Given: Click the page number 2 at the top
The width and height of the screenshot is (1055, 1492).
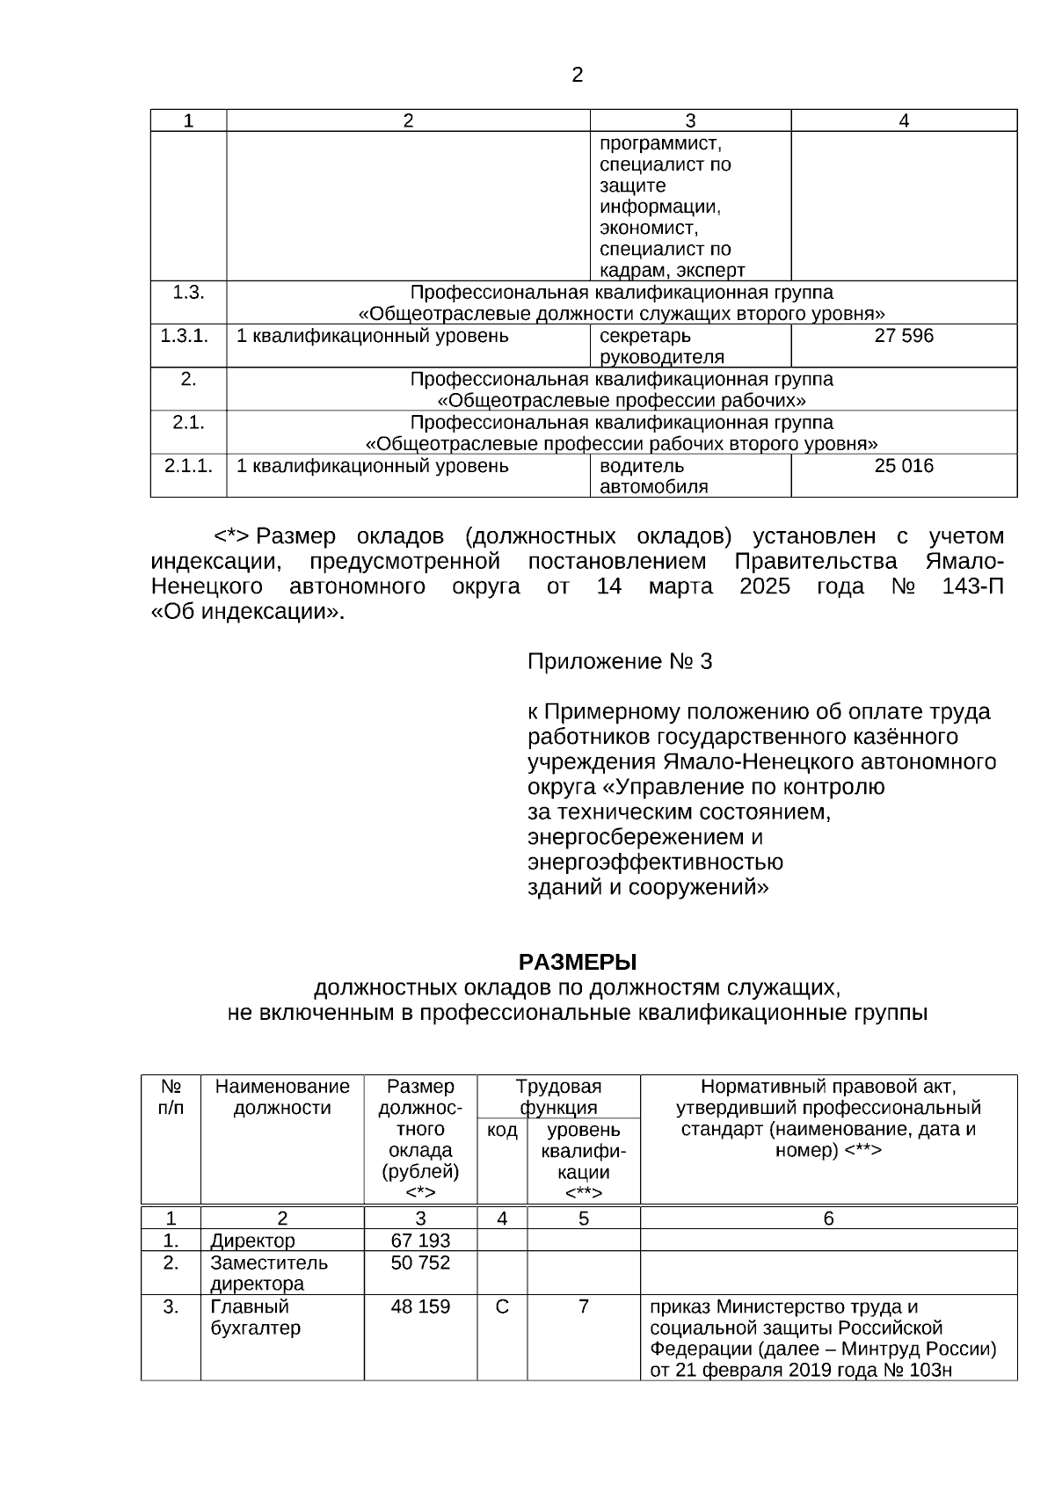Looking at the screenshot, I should point(577,76).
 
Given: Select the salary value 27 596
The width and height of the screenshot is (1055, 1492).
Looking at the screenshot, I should point(904,336).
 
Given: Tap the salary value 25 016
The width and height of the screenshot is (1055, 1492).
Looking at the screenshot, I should point(904,466).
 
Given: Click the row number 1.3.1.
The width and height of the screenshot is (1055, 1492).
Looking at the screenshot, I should point(185,336).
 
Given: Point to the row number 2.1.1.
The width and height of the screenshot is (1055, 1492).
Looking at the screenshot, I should point(188,466).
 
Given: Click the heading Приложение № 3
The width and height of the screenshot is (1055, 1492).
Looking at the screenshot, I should point(620,661).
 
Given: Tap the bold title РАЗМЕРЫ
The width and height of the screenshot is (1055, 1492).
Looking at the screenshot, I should point(577,962).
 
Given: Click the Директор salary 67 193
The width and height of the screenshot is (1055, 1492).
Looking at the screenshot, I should point(420,1241).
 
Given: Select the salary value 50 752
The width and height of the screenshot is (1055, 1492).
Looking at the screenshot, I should point(420,1263).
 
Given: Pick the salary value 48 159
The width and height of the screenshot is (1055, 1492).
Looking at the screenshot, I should point(420,1306).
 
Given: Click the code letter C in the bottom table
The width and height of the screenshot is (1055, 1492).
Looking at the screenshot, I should point(502,1306).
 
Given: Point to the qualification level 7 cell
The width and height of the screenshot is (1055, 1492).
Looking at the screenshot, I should point(583,1306).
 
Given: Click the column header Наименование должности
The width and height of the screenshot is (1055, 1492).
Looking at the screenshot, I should point(282,1097).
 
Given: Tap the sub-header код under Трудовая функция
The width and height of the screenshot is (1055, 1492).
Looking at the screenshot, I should point(502,1130).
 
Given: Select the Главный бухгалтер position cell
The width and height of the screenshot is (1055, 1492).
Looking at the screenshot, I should point(255,1317).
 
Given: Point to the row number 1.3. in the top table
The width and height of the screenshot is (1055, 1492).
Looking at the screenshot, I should point(188,293).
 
